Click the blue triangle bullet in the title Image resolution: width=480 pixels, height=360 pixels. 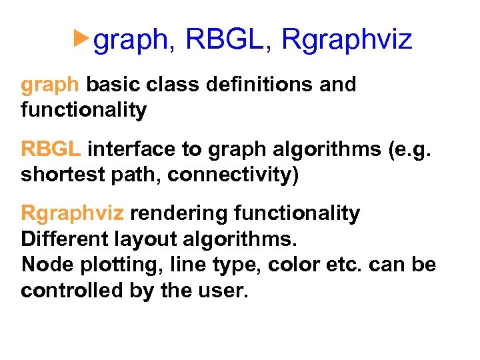(x=81, y=39)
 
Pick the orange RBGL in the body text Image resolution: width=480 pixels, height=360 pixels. (x=51, y=149)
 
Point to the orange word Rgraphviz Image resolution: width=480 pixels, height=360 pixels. (x=73, y=214)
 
